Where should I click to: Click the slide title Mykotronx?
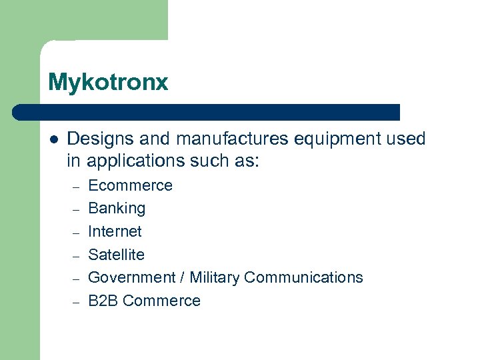click(108, 83)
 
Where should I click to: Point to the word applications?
click(135, 161)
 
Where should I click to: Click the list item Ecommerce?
click(130, 185)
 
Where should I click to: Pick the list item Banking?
click(117, 209)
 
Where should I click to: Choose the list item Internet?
click(115, 231)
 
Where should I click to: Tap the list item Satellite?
click(116, 255)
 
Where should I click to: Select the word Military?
click(215, 277)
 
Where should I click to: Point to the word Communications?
click(303, 277)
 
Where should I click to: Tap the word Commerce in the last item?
click(161, 301)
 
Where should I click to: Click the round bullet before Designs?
click(54, 139)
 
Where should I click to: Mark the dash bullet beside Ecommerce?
click(76, 187)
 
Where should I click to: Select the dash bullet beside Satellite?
click(76, 256)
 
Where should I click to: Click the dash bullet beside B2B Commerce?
click(76, 302)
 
